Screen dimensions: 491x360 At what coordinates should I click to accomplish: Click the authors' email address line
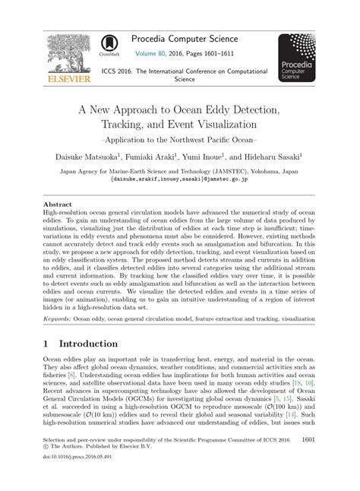coord(179,181)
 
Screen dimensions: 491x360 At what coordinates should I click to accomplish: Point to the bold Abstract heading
coord(58,205)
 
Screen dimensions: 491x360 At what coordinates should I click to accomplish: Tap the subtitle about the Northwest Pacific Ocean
coord(179,141)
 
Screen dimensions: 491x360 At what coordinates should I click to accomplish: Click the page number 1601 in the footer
coord(310,439)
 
